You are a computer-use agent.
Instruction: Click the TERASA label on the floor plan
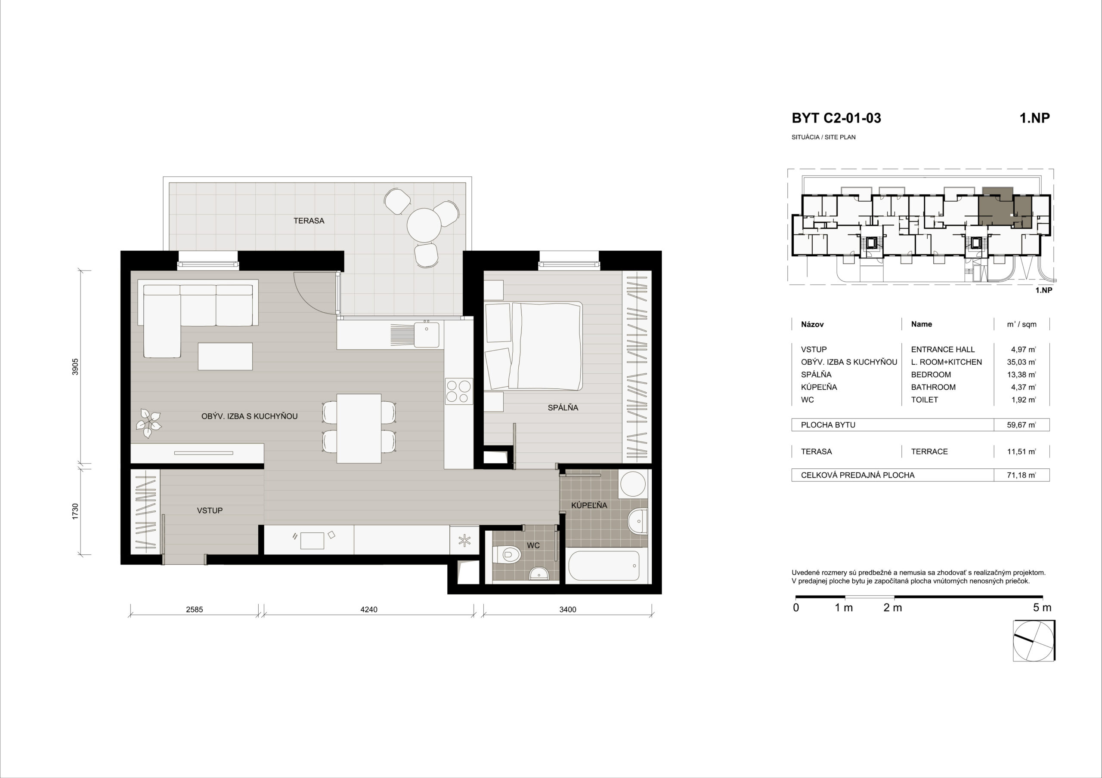pyautogui.click(x=309, y=221)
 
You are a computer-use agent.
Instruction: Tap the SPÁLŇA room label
pyautogui.click(x=563, y=408)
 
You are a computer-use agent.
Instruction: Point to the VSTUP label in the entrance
pyautogui.click(x=210, y=511)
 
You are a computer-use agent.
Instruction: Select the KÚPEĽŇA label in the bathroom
pyautogui.click(x=589, y=505)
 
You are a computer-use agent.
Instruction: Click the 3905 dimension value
pyautogui.click(x=75, y=367)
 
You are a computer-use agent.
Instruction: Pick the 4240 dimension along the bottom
pyautogui.click(x=368, y=610)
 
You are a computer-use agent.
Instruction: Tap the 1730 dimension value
pyautogui.click(x=75, y=511)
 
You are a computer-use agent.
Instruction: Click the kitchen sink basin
pyautogui.click(x=427, y=334)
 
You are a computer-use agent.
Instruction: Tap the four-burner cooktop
pyautogui.click(x=459, y=391)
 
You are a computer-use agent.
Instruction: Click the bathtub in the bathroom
pyautogui.click(x=604, y=566)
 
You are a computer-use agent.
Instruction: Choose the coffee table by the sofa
pyautogui.click(x=225, y=356)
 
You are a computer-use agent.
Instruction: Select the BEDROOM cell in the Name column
pyautogui.click(x=931, y=375)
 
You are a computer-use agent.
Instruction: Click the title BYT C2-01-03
pyautogui.click(x=836, y=118)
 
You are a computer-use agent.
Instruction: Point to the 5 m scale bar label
pyautogui.click(x=1042, y=608)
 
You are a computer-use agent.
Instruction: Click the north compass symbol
pyautogui.click(x=1034, y=640)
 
